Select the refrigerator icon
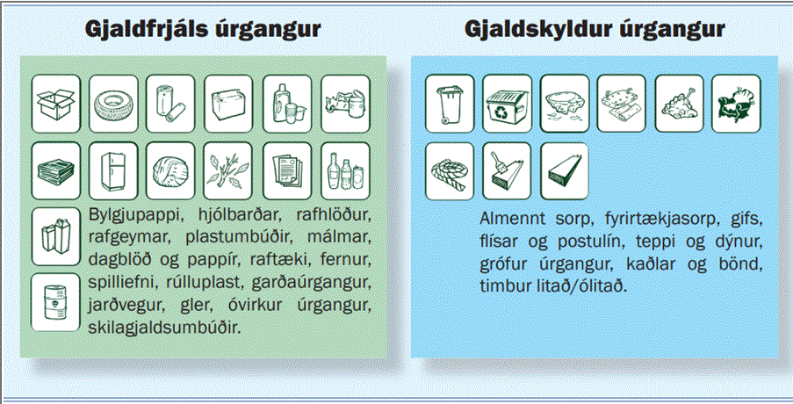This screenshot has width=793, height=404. click(114, 167)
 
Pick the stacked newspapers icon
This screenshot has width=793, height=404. click(56, 167)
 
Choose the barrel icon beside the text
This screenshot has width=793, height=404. click(55, 301)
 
